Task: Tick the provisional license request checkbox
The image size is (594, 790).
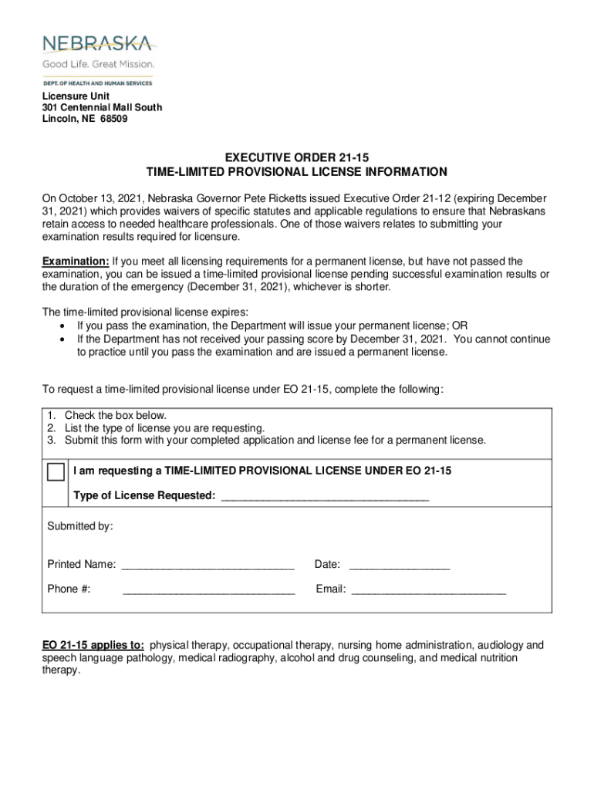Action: click(56, 471)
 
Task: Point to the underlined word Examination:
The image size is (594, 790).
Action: click(76, 262)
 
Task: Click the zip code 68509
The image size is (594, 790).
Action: click(113, 120)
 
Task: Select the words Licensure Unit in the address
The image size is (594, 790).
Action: click(76, 96)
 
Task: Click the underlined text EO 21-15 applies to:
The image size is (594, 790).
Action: click(93, 645)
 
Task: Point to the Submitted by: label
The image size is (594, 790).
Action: click(80, 526)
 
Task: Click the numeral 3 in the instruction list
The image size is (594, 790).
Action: click(51, 441)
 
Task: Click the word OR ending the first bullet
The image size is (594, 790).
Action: click(460, 326)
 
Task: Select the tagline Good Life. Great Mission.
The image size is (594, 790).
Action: click(98, 64)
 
